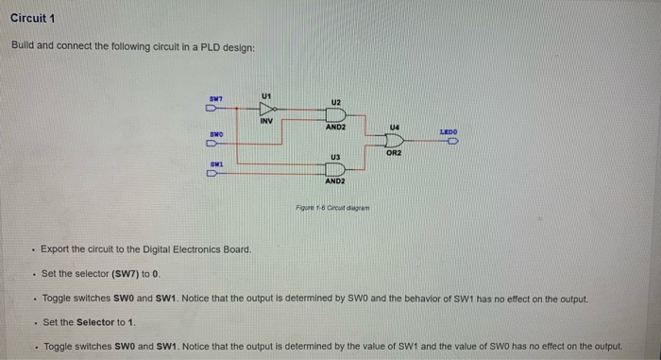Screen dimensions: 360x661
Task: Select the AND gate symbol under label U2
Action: tap(334, 115)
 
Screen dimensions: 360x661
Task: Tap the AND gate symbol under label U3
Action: tap(334, 168)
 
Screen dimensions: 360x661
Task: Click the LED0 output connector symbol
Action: tap(451, 141)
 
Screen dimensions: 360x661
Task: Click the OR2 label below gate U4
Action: tap(394, 151)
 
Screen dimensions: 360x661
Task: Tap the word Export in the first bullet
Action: tap(56, 249)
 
